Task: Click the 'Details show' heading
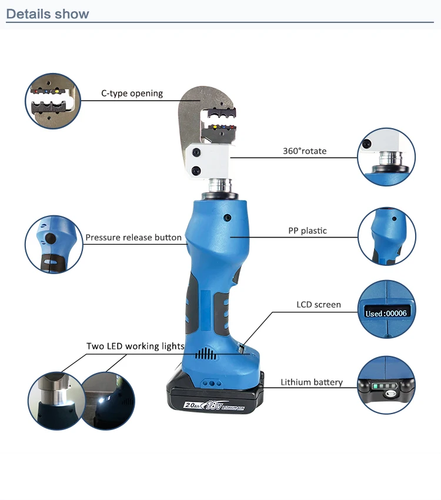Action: (x=48, y=14)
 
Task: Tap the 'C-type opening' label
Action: (x=132, y=94)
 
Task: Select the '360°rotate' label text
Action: (x=305, y=151)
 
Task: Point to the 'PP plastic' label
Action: (x=308, y=231)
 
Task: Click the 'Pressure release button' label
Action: (x=133, y=238)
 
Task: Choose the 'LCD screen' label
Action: (x=319, y=305)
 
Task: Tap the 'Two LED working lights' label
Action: (x=135, y=346)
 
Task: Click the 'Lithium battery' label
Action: (x=312, y=382)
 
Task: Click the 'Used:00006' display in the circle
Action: (x=386, y=313)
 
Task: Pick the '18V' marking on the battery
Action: (x=214, y=405)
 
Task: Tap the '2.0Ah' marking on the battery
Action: (x=192, y=405)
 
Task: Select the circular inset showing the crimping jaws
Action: (x=53, y=101)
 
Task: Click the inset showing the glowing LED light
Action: (x=108, y=401)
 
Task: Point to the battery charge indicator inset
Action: (x=386, y=385)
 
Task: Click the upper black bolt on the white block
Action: (x=196, y=153)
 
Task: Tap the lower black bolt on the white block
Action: (x=196, y=171)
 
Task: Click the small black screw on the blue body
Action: (x=228, y=218)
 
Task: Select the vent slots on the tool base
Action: (x=206, y=354)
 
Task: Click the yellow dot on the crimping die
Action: (x=215, y=127)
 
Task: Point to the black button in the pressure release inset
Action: (x=51, y=238)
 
